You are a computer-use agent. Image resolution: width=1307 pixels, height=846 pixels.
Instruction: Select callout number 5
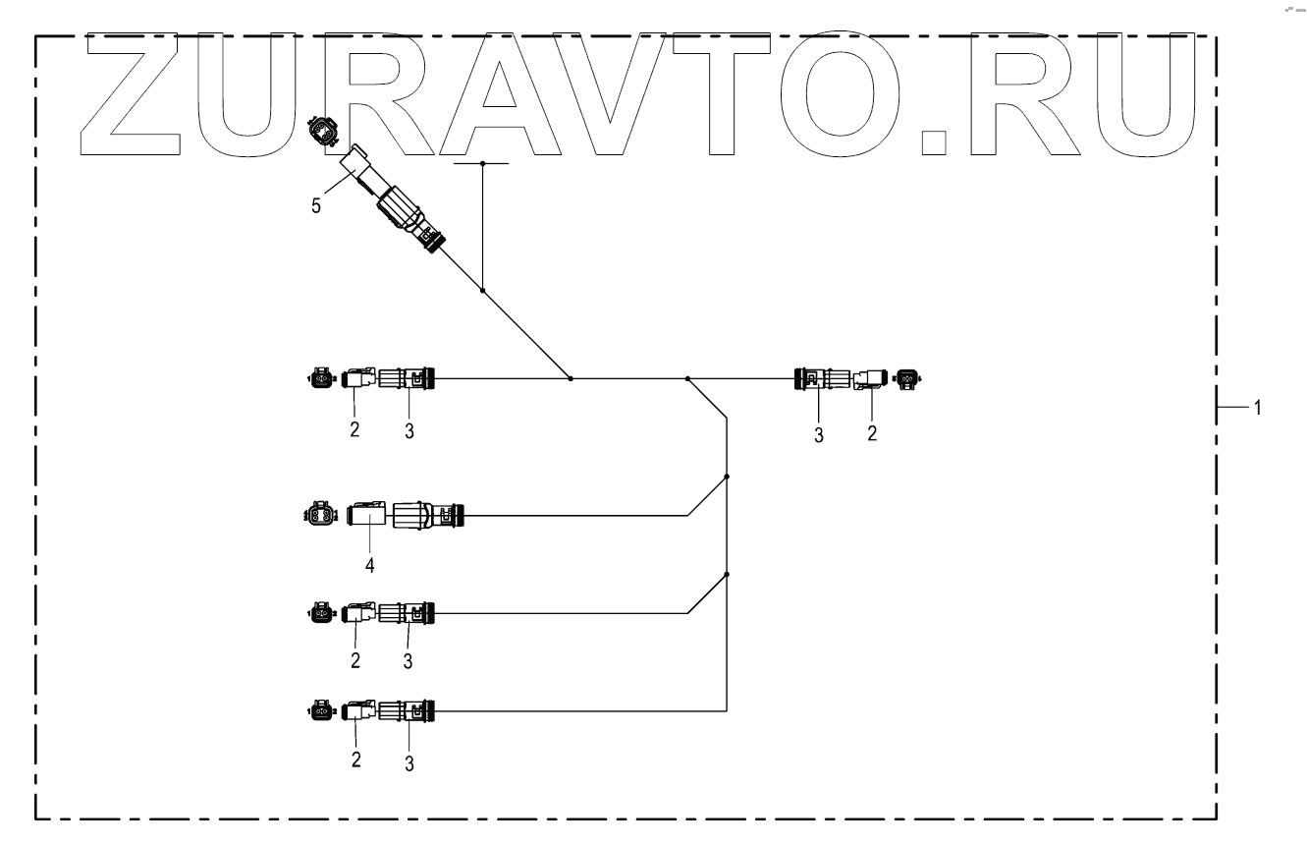(x=315, y=207)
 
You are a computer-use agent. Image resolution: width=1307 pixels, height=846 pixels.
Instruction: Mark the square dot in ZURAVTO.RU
(x=937, y=143)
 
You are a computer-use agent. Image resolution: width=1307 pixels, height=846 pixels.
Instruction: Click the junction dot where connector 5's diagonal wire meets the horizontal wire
(x=571, y=378)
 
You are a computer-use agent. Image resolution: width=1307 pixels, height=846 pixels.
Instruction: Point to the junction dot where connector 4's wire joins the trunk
(x=726, y=477)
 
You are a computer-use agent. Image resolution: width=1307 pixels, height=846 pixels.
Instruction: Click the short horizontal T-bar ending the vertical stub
(x=482, y=163)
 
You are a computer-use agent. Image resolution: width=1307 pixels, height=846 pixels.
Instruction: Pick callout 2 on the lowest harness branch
(x=355, y=760)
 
